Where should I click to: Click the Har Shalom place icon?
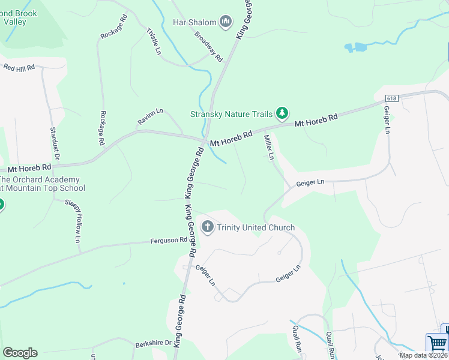[226, 23]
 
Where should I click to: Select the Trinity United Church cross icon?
[208, 227]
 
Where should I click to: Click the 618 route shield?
[392, 98]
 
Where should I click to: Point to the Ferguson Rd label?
[169, 241]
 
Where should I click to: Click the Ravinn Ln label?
[150, 116]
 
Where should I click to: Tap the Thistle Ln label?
[154, 42]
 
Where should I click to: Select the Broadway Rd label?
[208, 47]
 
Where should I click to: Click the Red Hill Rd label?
[19, 68]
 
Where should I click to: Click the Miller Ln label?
[269, 147]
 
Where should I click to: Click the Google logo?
[20, 353]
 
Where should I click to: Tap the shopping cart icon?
[437, 344]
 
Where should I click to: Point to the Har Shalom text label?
[194, 23]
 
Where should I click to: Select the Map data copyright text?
[423, 355]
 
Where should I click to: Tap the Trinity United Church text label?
[256, 227]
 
